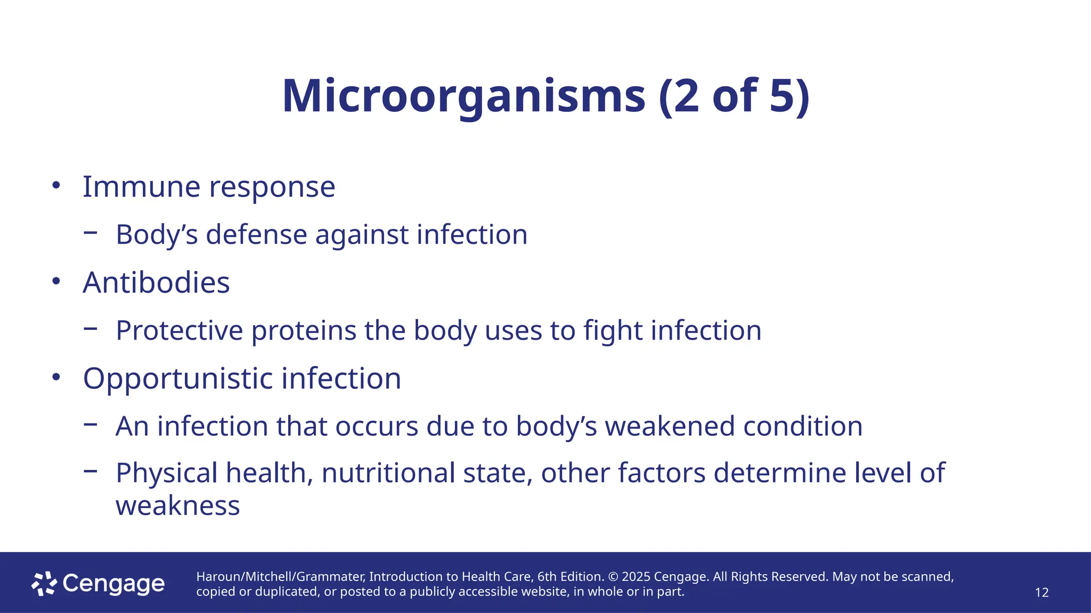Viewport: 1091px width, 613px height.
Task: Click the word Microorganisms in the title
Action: [x=463, y=96]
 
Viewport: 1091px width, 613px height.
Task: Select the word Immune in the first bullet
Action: [x=142, y=187]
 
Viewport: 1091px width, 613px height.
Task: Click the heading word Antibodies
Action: [x=156, y=283]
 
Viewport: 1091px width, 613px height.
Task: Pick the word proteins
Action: [x=304, y=330]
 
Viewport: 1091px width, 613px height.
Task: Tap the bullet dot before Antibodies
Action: [x=56, y=281]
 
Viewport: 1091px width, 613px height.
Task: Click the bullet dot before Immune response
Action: [x=56, y=186]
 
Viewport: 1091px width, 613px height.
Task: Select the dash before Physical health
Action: [x=91, y=470]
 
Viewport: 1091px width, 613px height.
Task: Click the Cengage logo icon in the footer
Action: [x=44, y=584]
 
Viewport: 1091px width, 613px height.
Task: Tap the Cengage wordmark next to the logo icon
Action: [x=113, y=584]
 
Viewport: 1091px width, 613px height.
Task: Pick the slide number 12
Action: [x=1041, y=593]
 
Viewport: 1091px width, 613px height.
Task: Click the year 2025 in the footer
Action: [x=636, y=577]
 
